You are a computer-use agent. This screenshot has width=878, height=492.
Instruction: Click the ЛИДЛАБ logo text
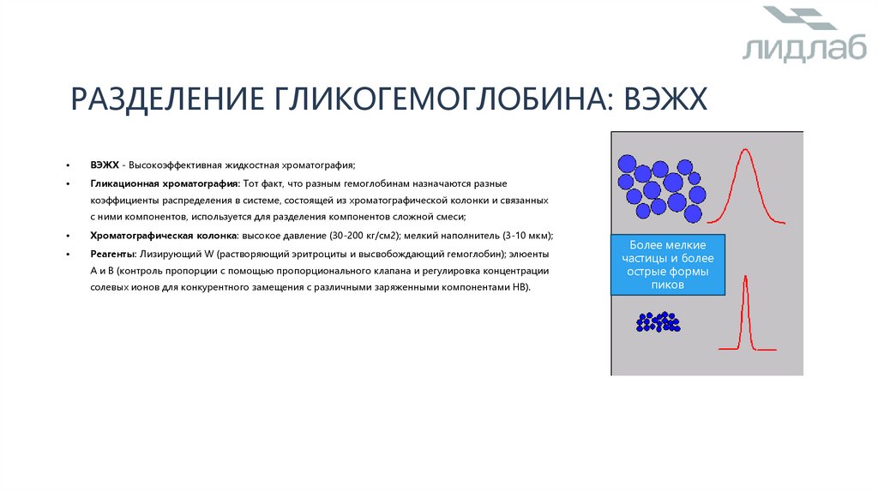[792, 50]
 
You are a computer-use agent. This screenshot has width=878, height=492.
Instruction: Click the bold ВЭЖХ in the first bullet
[104, 165]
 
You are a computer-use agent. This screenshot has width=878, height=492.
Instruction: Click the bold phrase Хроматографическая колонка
[163, 236]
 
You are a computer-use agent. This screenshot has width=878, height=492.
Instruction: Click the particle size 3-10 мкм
[526, 236]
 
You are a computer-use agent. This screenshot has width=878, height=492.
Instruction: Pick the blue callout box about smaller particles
[667, 265]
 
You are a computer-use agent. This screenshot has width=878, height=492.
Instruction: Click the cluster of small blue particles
[658, 322]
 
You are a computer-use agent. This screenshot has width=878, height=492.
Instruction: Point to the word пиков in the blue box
[667, 285]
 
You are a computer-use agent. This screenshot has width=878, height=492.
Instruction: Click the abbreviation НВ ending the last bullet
[520, 288]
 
